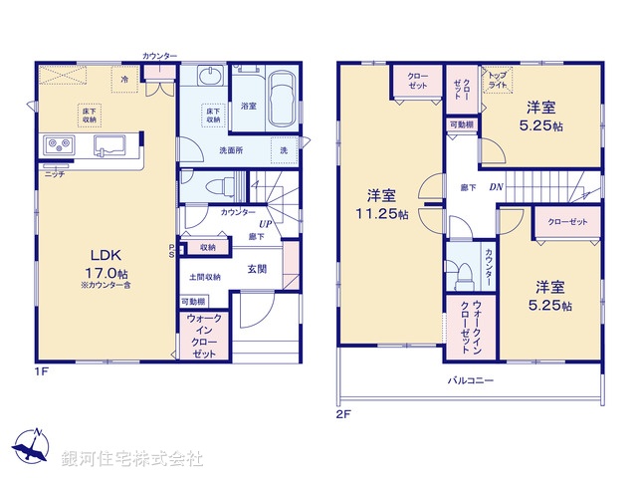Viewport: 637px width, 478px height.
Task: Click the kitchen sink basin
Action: point(108,147)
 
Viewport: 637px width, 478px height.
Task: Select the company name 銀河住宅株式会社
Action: point(131,458)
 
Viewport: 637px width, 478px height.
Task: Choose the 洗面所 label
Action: point(231,150)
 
